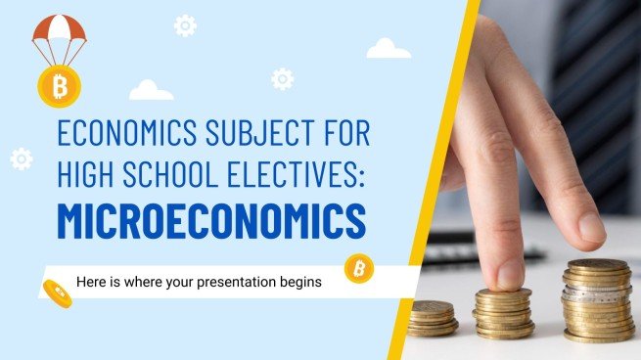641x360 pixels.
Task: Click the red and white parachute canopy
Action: (x=59, y=30)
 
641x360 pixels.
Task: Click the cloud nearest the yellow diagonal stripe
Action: (x=388, y=48)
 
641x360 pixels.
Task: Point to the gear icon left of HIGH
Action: (x=21, y=158)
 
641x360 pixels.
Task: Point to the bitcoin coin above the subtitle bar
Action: (x=358, y=267)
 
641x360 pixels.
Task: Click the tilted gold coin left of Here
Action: (x=57, y=291)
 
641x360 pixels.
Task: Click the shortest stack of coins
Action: (x=432, y=318)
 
